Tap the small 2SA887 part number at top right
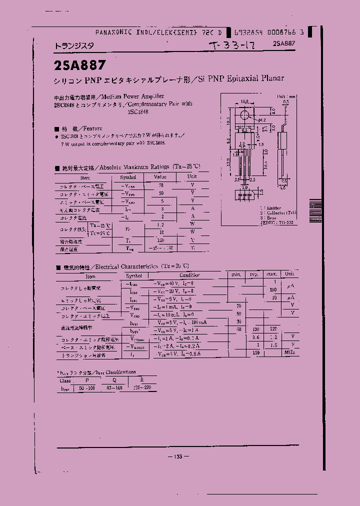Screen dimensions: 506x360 pos(284,44)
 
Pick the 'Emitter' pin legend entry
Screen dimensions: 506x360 pos(272,207)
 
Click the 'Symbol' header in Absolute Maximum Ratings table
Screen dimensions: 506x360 pos(127,177)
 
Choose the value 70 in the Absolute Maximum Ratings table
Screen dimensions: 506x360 pos(160,185)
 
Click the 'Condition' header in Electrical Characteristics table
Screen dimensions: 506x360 pos(189,275)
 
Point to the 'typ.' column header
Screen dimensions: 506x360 pos(254,274)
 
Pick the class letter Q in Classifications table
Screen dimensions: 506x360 pos(114,380)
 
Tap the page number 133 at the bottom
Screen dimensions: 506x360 pos(179,456)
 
